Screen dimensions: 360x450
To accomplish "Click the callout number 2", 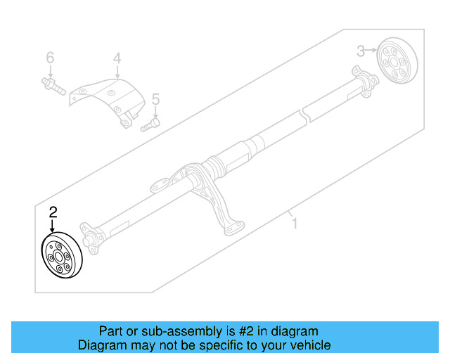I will coord(53,211).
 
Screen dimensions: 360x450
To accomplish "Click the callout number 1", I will coord(295,224).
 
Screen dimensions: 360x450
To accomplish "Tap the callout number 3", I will coord(361,51).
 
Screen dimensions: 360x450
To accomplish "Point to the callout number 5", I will coord(155,99).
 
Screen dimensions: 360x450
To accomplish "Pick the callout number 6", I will coord(50,57).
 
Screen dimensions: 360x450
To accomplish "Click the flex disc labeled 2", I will coord(60,257).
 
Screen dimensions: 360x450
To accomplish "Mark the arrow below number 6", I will coord(50,70).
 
